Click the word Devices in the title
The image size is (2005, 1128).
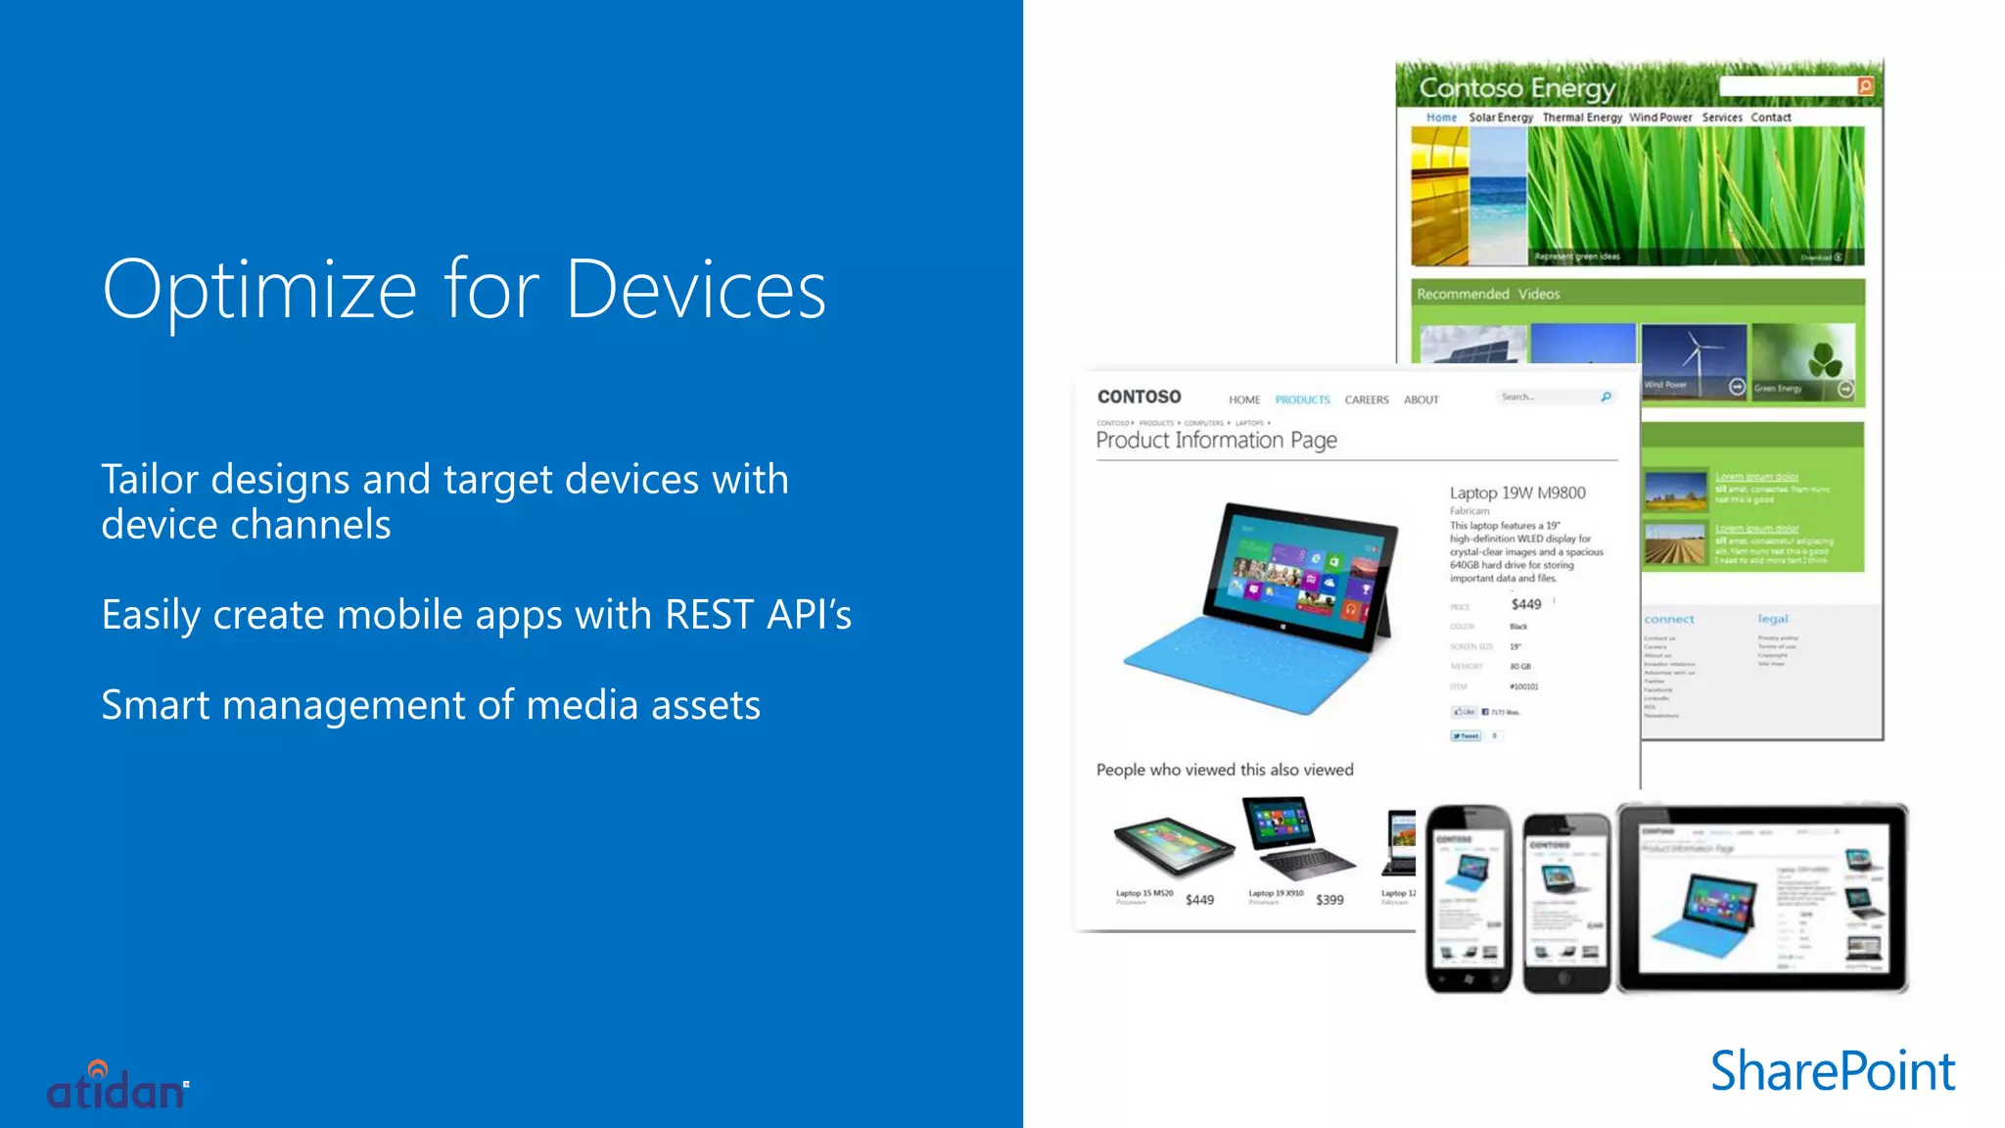point(696,290)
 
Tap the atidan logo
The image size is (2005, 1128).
point(117,1088)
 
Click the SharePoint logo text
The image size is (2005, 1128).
point(1832,1071)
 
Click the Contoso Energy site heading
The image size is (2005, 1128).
point(1516,88)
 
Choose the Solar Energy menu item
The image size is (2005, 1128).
point(1500,117)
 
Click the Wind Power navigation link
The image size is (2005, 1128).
point(1660,117)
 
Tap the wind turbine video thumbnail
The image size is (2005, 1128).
point(1693,360)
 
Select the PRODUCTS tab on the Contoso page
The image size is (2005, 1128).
point(1302,399)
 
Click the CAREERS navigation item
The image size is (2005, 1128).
point(1366,399)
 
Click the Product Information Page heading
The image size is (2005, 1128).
point(1216,441)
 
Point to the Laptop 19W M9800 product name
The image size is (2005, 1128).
point(1517,493)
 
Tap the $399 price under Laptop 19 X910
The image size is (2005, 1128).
point(1329,900)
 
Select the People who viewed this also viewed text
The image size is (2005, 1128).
point(1224,770)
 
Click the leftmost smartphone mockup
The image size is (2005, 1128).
point(1468,898)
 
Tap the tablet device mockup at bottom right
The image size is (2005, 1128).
point(1761,898)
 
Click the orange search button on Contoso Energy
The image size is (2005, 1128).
point(1865,86)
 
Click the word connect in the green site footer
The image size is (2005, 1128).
point(1668,619)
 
